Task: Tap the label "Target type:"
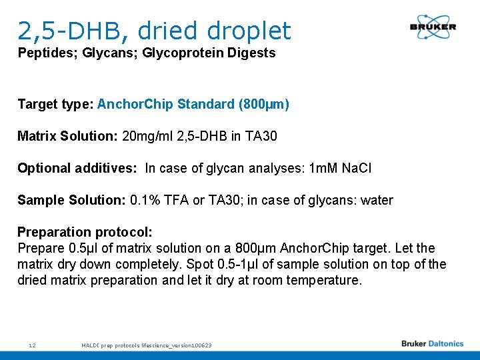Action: (x=55, y=104)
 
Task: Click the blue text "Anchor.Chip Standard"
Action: (x=165, y=104)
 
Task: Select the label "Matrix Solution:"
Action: (x=67, y=136)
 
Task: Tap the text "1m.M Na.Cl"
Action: (x=341, y=168)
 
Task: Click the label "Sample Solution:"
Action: (x=71, y=200)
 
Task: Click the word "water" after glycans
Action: (x=376, y=200)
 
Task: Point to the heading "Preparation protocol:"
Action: (x=85, y=232)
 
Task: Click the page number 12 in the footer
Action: (x=32, y=345)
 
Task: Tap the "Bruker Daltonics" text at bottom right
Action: (x=432, y=344)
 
